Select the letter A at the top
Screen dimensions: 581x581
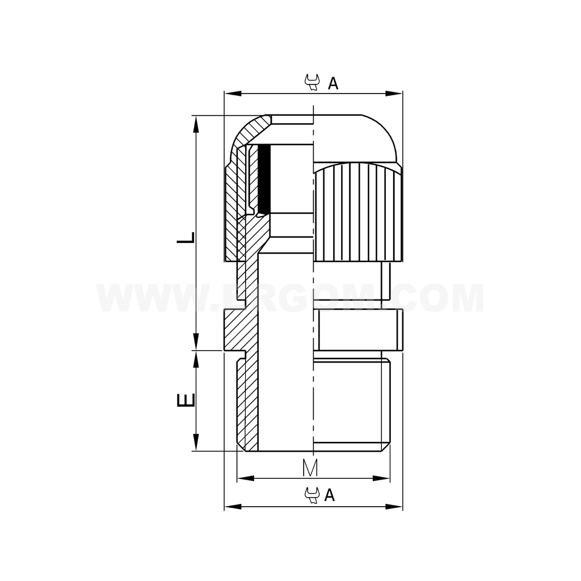(333, 83)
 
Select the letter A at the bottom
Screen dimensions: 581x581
(330, 495)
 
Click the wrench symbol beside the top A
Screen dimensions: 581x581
(312, 83)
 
